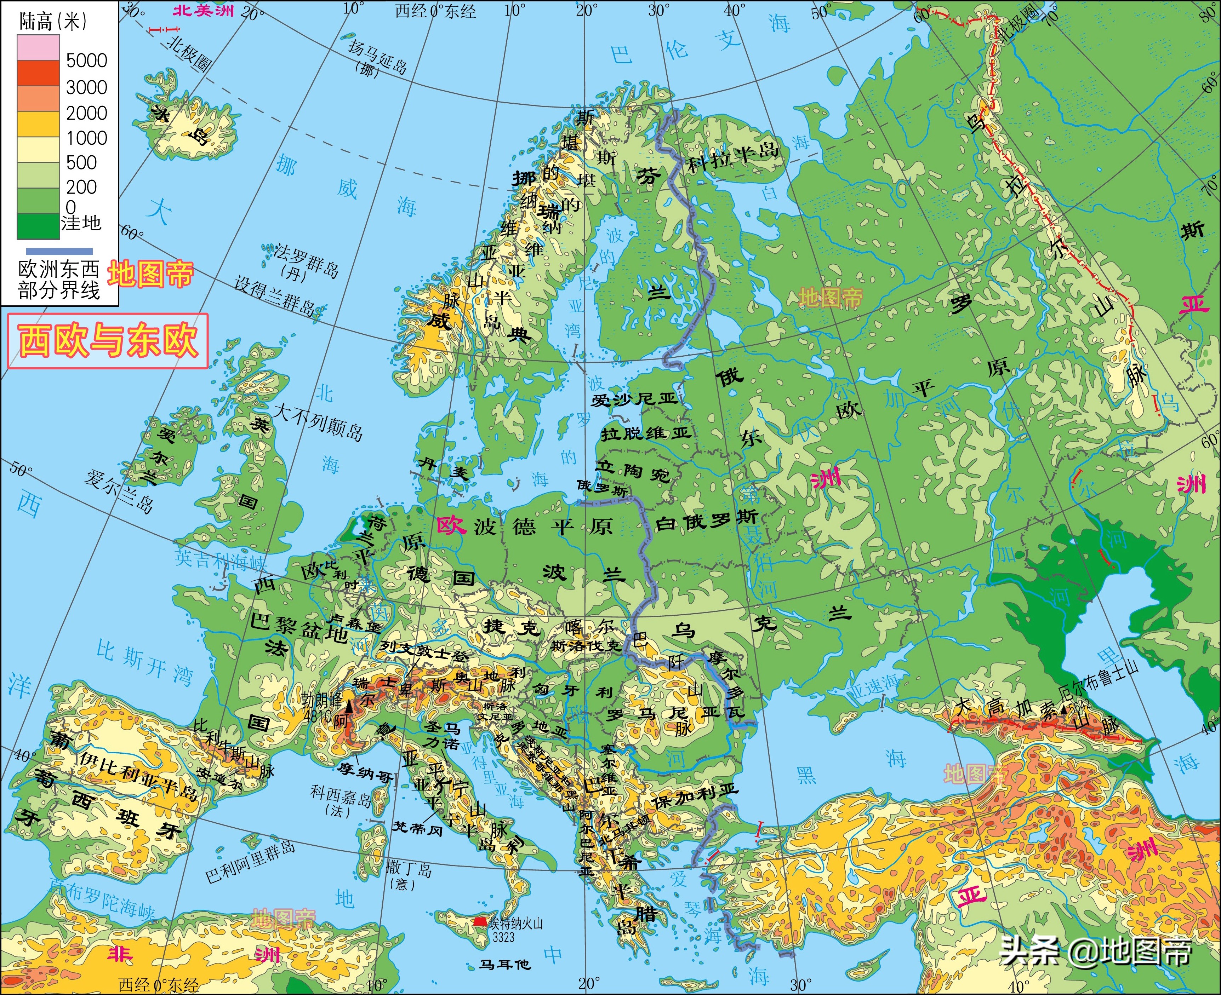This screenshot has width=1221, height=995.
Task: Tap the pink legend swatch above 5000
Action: [38, 47]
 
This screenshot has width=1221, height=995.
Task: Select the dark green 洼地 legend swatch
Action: [38, 226]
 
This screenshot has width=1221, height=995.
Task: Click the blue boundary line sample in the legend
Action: [59, 251]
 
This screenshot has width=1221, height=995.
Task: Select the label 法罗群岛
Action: [306, 261]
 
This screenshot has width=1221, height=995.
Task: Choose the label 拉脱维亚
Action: [645, 434]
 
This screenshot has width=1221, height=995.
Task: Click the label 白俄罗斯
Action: [706, 520]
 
